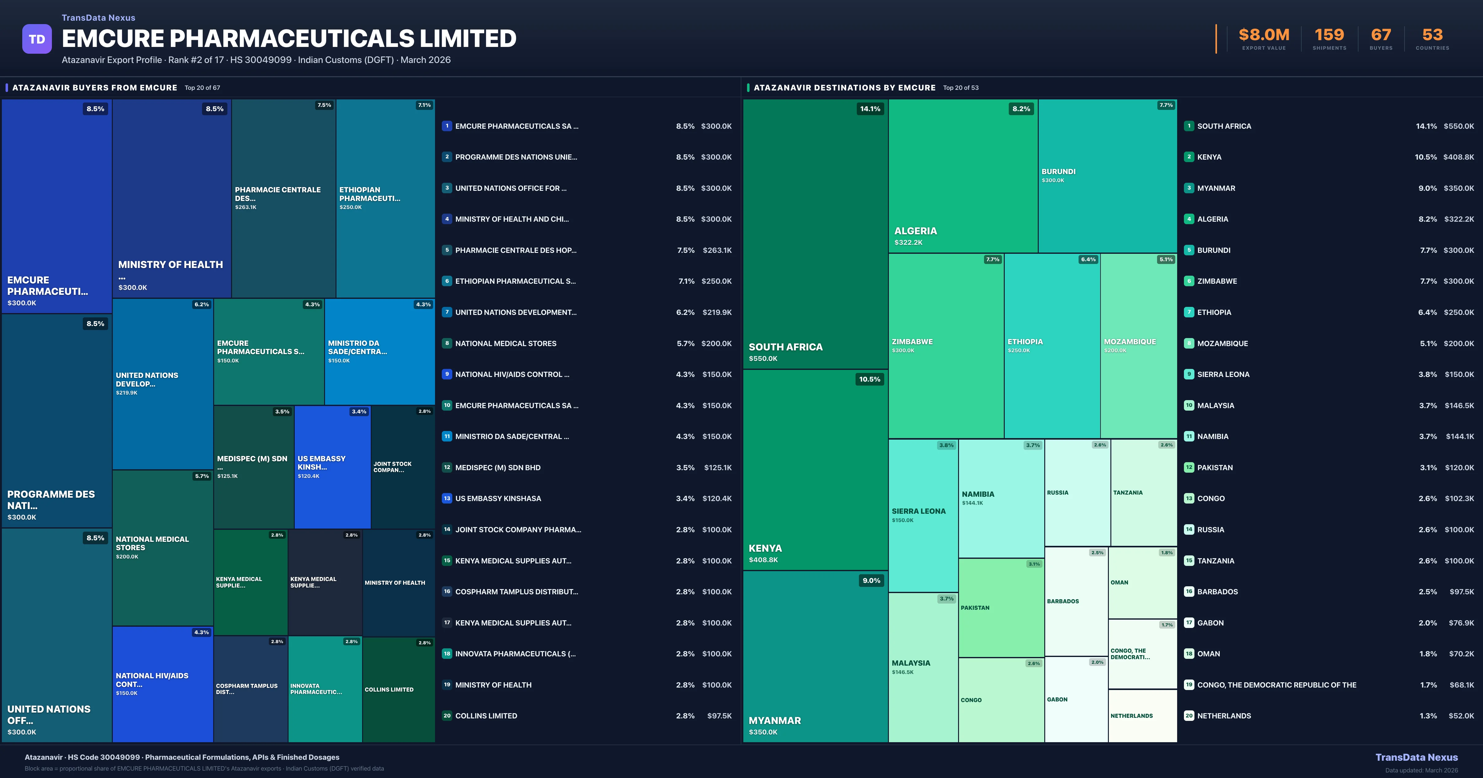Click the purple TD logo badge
tap(37, 39)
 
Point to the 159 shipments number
tap(1329, 35)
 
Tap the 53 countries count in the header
tap(1432, 35)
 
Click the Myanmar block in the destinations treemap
tap(815, 656)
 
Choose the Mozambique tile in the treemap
tap(1138, 345)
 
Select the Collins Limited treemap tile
tap(398, 689)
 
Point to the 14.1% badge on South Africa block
tap(870, 109)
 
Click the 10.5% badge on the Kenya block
tap(869, 379)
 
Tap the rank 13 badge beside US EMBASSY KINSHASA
tap(447, 498)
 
